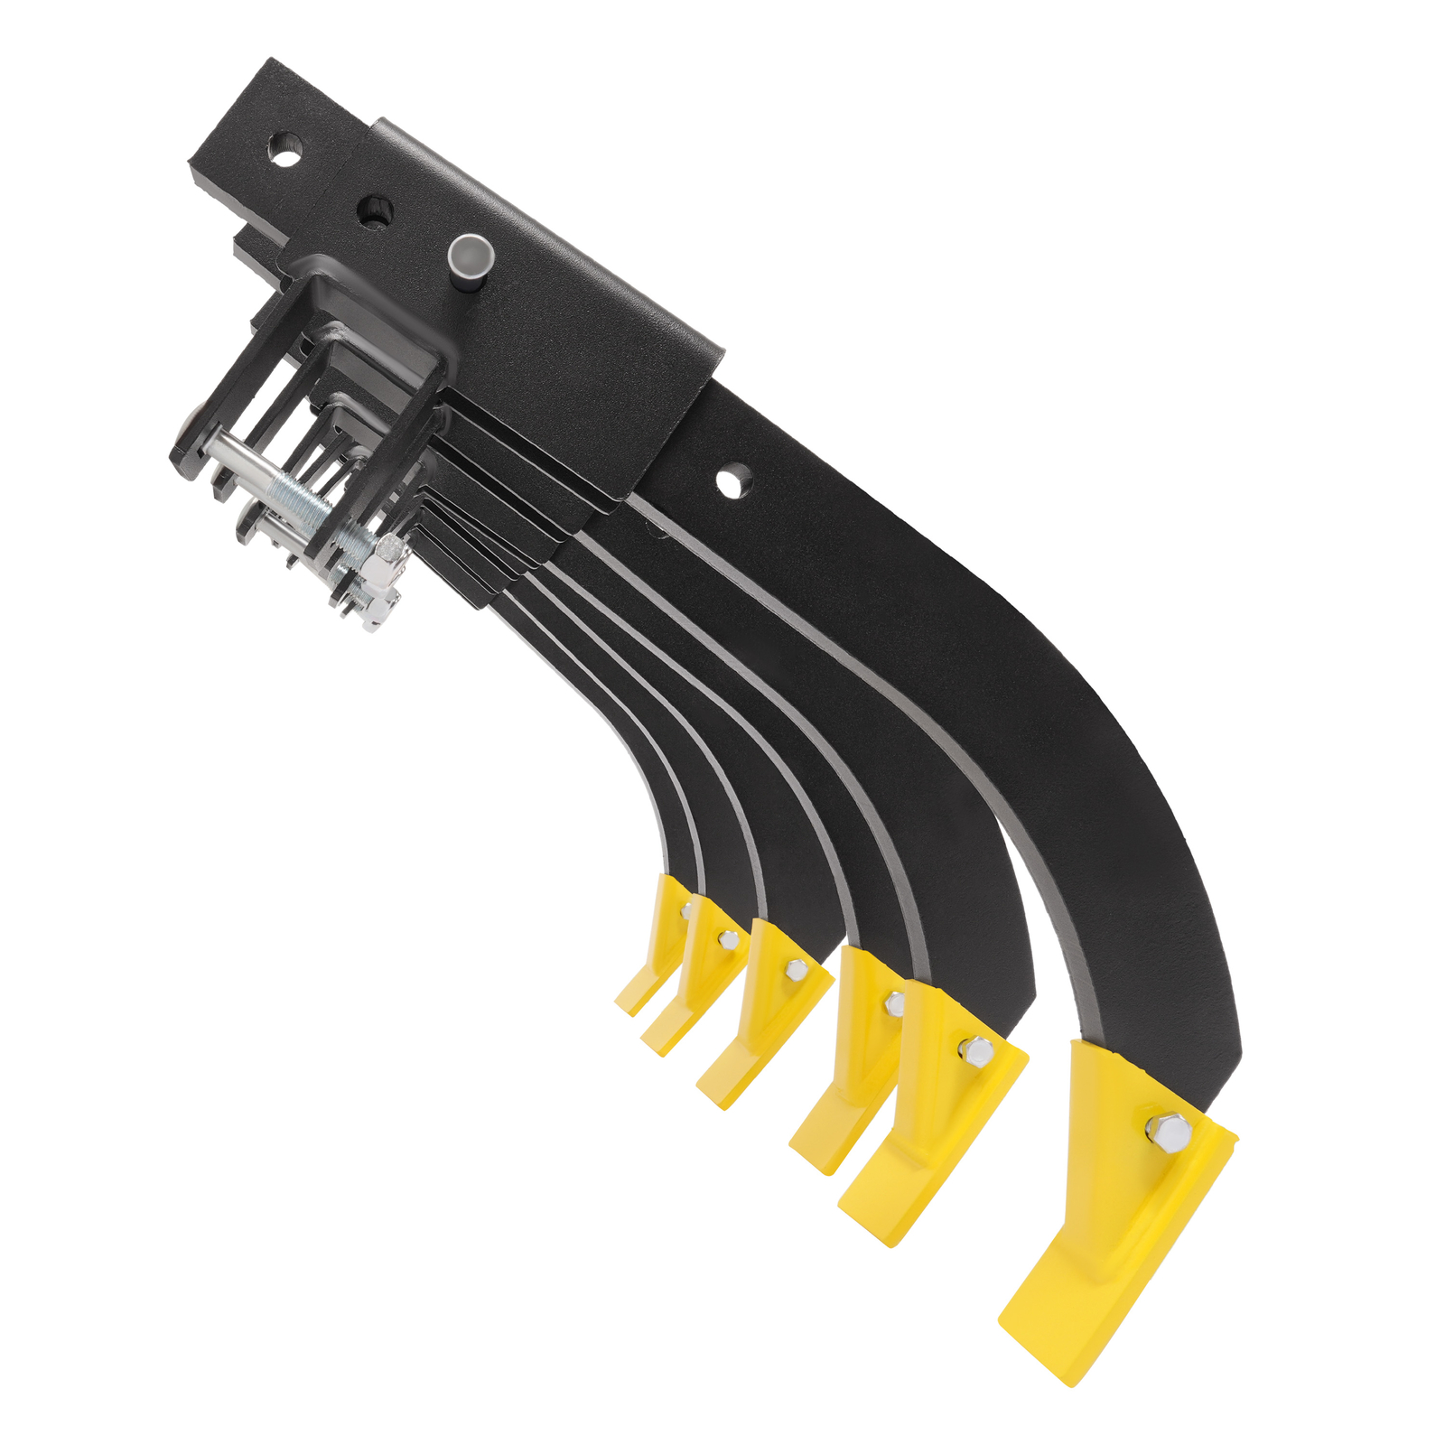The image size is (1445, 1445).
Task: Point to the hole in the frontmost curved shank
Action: point(735,479)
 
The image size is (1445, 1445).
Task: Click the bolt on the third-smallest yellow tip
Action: point(796,971)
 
